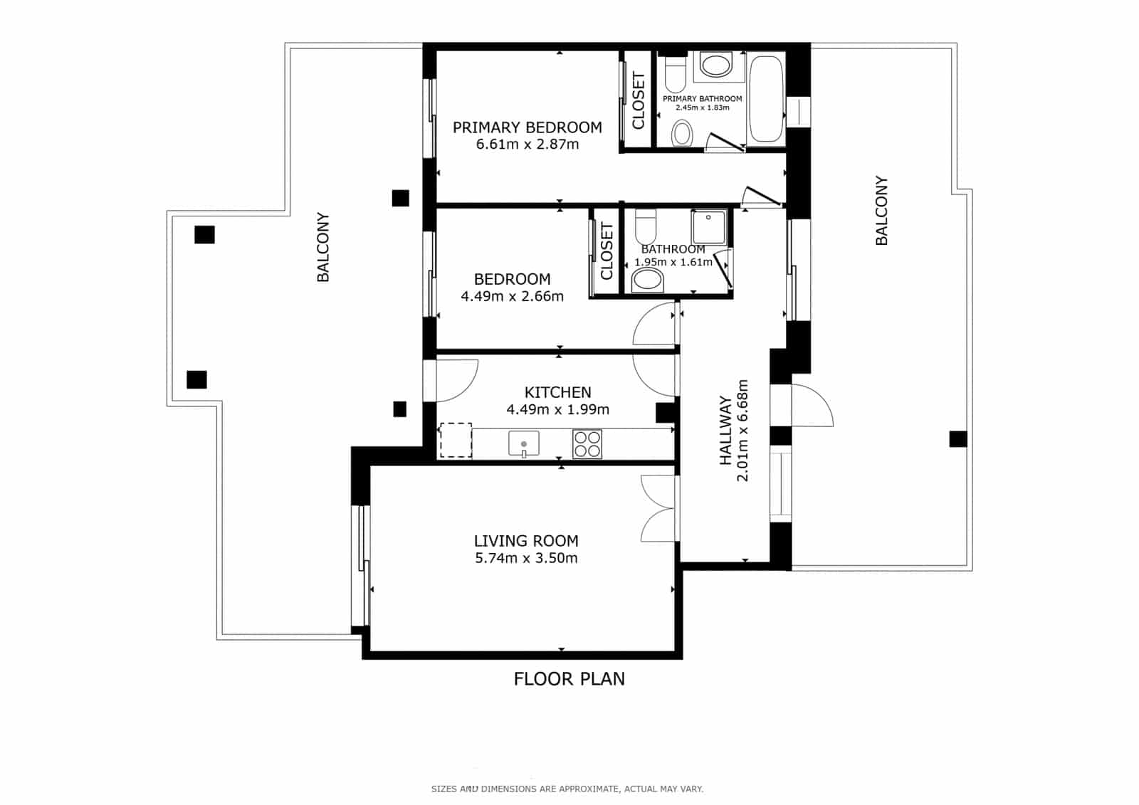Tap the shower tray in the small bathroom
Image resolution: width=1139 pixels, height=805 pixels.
pos(708,228)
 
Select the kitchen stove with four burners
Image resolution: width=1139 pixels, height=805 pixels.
pos(587,444)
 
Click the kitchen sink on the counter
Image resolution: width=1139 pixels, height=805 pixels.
pos(524,443)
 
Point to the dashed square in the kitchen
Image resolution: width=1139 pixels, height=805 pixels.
pos(456,440)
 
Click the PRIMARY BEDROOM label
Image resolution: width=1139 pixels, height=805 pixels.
pos(527,127)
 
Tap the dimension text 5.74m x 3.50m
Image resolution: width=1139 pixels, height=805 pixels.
pos(526,558)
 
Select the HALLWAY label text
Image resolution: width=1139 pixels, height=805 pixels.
pos(725,431)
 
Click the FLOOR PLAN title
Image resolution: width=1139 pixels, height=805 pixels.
pos(569,678)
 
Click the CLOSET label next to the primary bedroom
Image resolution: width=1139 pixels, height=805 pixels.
pos(638,100)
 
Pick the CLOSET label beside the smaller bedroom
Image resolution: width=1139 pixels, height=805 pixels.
pos(607,251)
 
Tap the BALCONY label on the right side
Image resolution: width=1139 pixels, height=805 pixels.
pos(881,211)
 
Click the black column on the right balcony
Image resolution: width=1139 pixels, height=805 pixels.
pos(957,439)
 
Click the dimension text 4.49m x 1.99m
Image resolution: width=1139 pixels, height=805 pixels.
pos(557,409)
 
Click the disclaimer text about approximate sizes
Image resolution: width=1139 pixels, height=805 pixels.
pos(567,789)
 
